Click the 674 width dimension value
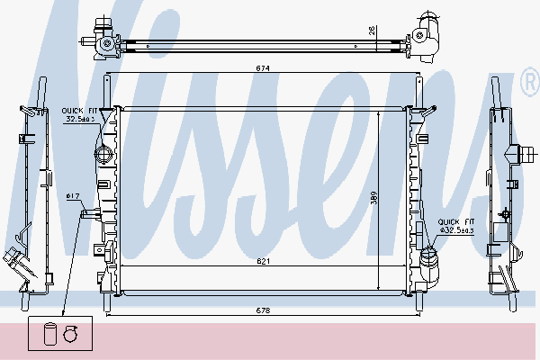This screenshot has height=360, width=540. tap(263, 68)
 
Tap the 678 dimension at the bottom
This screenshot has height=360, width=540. tap(263, 310)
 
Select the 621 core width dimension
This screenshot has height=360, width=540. tap(263, 262)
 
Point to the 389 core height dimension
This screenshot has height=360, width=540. tap(374, 198)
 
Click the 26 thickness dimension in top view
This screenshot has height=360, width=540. tap(373, 31)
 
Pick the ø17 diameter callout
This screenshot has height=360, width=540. tap(73, 196)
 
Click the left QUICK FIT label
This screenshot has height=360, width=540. tap(79, 111)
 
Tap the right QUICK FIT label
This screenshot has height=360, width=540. tap(456, 221)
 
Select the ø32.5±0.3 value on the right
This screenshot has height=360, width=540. tap(456, 230)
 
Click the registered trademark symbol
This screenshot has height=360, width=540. tap(531, 82)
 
